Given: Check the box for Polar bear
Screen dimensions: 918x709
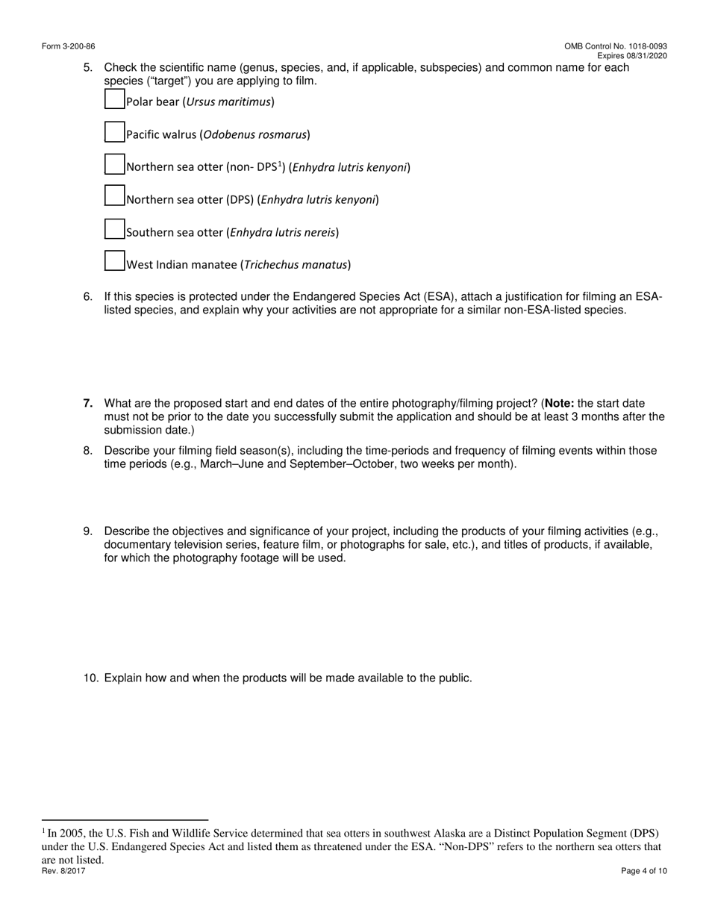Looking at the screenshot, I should pyautogui.click(x=114, y=99).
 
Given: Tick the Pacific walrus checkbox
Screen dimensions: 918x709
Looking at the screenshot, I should pyautogui.click(x=114, y=132).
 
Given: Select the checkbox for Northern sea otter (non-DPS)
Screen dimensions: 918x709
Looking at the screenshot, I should pyautogui.click(x=114, y=164).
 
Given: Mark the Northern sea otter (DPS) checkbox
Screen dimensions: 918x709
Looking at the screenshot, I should pyautogui.click(x=114, y=196).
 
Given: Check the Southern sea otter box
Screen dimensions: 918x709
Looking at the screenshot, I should pyautogui.click(x=114, y=229).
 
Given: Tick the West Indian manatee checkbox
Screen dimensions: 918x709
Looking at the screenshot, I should pyautogui.click(x=114, y=260).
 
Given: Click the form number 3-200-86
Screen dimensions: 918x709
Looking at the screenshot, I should pyautogui.click(x=68, y=46).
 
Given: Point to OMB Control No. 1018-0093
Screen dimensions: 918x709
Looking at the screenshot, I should pyautogui.click(x=616, y=46).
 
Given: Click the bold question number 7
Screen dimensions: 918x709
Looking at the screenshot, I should pyautogui.click(x=88, y=404).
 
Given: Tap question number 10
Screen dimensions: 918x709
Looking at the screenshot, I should pyautogui.click(x=90, y=678).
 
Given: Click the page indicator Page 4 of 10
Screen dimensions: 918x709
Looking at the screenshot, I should pyautogui.click(x=644, y=871).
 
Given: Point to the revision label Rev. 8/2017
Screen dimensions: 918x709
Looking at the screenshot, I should pyautogui.click(x=63, y=871).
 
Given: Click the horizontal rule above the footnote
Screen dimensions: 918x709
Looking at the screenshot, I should pyautogui.click(x=125, y=819).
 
